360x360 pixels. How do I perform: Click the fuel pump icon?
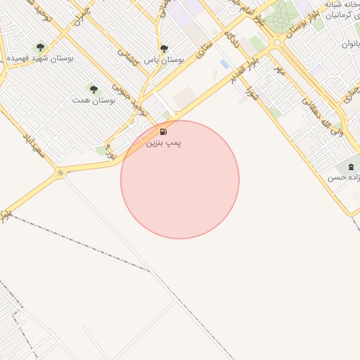[x=163, y=131]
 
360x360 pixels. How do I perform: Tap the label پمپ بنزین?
[x=163, y=143]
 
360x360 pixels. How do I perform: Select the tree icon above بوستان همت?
[x=94, y=89]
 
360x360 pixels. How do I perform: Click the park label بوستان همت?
[x=94, y=101]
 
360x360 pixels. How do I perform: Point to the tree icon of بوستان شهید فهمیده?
[x=40, y=47]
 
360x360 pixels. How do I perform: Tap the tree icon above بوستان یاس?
[x=164, y=49]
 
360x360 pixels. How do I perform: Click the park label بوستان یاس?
[x=164, y=60]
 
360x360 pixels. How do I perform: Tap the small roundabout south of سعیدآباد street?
[x=60, y=173]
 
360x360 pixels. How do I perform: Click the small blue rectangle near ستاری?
[x=224, y=64]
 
